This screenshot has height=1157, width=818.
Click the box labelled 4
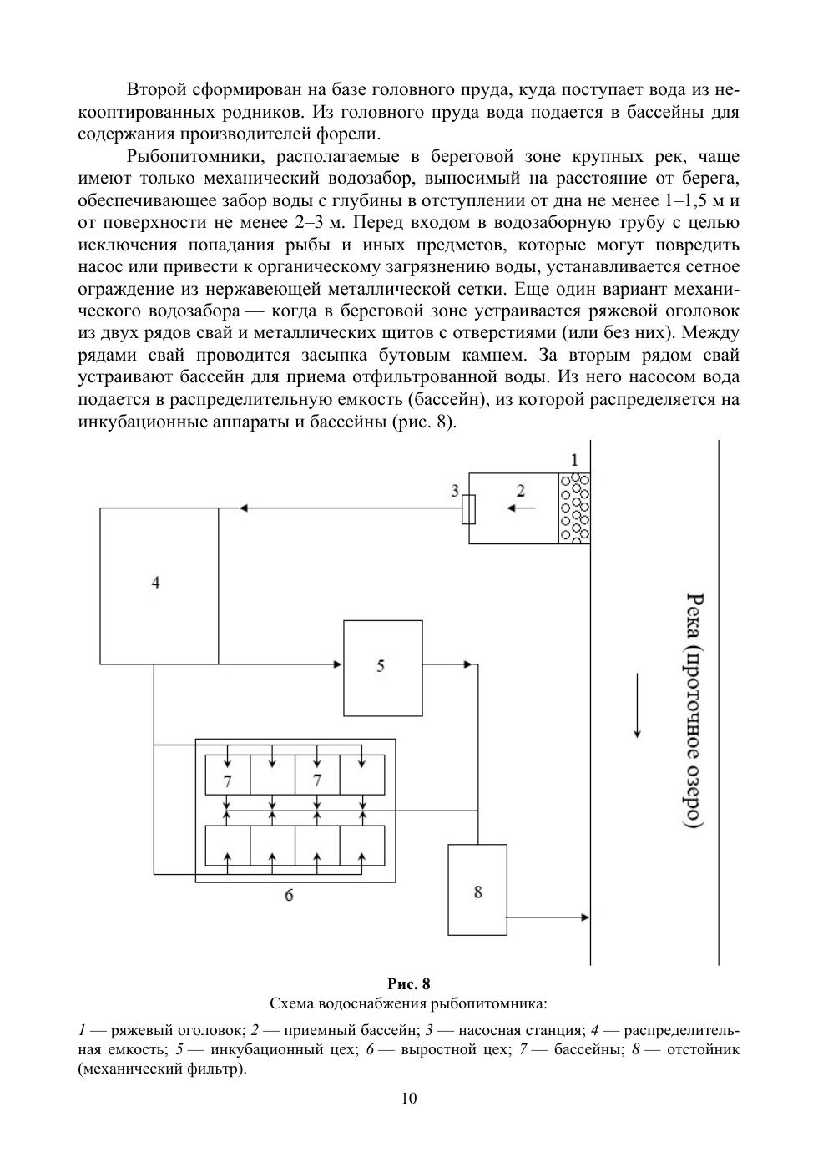pos(159,584)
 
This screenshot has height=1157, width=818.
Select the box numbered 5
pos(381,667)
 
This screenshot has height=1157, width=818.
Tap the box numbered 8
pos(477,891)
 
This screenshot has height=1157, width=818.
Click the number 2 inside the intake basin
pos(520,491)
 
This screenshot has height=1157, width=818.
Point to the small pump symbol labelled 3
pos(469,508)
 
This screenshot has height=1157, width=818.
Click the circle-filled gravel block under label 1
pos(574,508)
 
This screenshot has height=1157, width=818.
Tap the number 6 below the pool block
pos(289,896)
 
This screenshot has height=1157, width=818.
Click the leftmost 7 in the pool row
pos(227,781)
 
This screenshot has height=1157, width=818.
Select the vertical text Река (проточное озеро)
pos(694,710)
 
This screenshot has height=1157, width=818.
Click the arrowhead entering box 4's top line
pos(243,508)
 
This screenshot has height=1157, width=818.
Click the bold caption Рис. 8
pos(409,983)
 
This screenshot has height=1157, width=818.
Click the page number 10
pos(409,1098)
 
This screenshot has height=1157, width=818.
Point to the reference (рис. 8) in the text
pos(422,421)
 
